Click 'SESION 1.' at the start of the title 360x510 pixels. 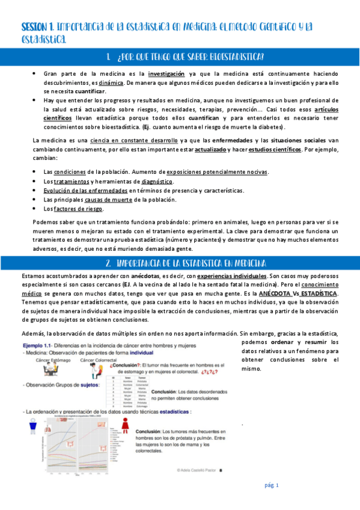[x=38, y=27]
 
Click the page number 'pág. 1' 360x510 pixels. [x=272, y=485]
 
